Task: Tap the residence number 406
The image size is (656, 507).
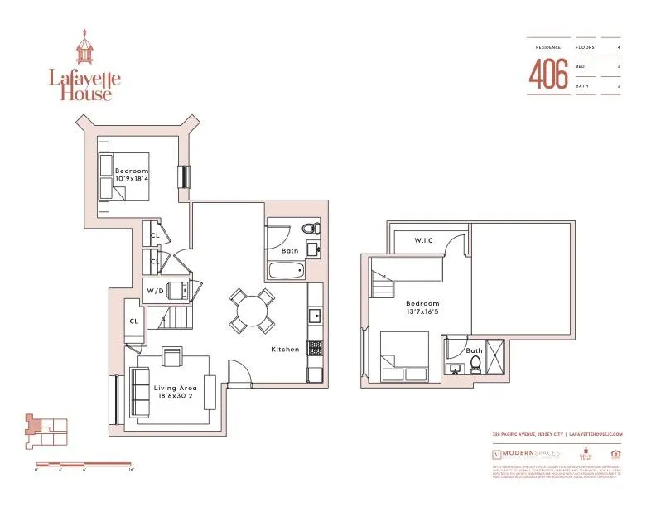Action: pyautogui.click(x=548, y=75)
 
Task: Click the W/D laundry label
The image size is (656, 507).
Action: pyautogui.click(x=155, y=292)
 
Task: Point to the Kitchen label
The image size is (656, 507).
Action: pyautogui.click(x=285, y=350)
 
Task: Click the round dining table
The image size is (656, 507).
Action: pyautogui.click(x=252, y=311)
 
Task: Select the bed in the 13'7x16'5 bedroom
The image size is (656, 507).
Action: pyautogui.click(x=403, y=356)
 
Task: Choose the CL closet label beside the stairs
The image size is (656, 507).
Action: pyautogui.click(x=133, y=322)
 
